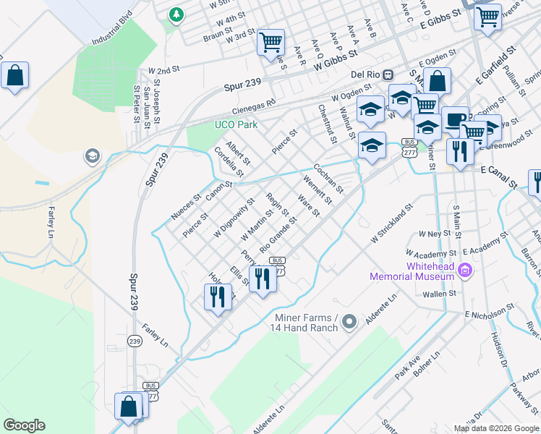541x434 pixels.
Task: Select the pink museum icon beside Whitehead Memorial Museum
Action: coord(464,271)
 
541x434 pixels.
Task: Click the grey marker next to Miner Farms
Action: coord(349,320)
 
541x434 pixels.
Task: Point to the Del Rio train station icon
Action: coord(388,74)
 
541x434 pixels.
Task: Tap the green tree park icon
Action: coord(175,14)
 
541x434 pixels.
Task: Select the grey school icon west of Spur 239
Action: coord(92,156)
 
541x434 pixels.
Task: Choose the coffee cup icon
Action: coord(455,118)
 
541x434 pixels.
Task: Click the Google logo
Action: coord(25,425)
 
